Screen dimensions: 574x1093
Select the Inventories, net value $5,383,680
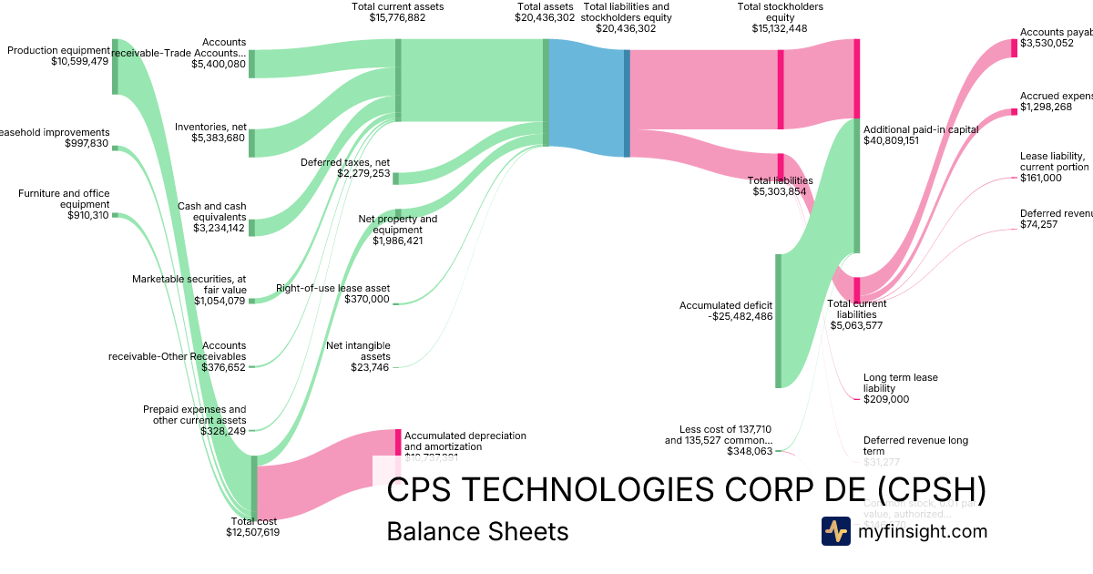(219, 138)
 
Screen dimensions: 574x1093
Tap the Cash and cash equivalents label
(211, 211)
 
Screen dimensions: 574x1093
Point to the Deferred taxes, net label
(345, 162)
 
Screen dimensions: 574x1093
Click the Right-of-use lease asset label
(332, 288)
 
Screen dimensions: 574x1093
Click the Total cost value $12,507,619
(252, 532)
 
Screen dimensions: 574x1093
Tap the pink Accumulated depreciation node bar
(398, 442)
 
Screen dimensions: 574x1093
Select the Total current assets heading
(397, 6)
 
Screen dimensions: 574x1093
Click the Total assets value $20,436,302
(545, 17)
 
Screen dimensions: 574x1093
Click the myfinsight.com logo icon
(835, 531)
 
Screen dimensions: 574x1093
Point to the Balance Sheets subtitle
(477, 531)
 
